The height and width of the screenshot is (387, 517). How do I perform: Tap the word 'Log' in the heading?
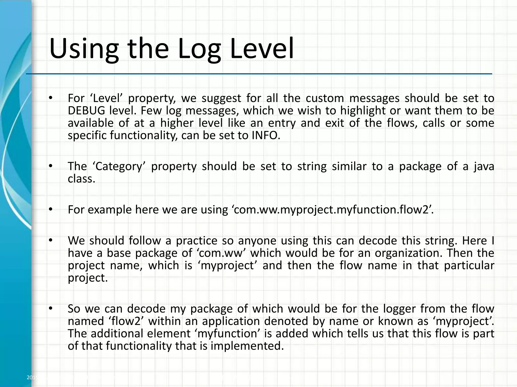point(199,48)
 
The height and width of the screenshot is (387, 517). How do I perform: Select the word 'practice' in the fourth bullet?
point(196,241)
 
